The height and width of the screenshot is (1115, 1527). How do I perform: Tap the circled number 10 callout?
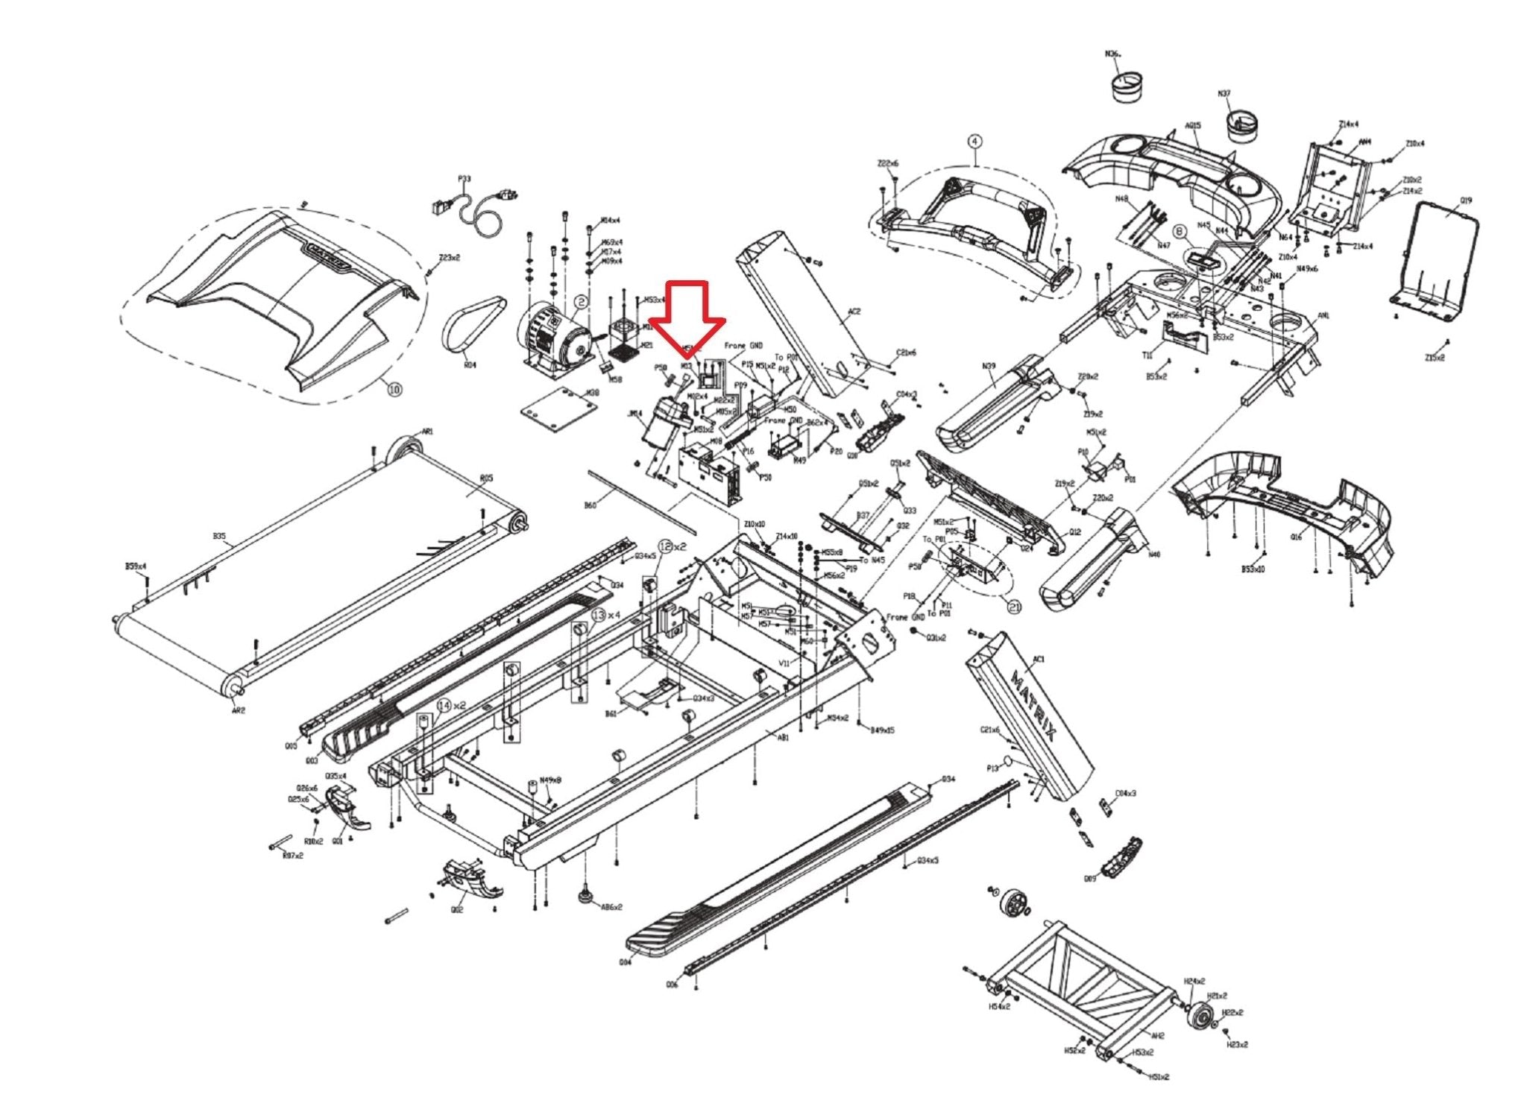pyautogui.click(x=394, y=388)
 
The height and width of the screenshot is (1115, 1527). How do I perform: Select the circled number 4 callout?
pyautogui.click(x=975, y=141)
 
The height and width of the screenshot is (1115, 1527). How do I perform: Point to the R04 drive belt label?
pyautogui.click(x=470, y=365)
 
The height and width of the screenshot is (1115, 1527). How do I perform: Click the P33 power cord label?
pyautogui.click(x=464, y=179)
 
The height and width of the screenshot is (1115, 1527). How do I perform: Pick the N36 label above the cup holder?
pyautogui.click(x=1112, y=54)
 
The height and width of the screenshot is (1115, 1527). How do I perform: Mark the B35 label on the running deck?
pyautogui.click(x=218, y=537)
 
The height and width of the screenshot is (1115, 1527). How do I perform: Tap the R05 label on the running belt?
pyautogui.click(x=486, y=478)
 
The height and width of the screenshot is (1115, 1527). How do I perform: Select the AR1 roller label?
pyautogui.click(x=427, y=432)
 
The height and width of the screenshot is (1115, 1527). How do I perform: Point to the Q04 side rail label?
pyautogui.click(x=625, y=961)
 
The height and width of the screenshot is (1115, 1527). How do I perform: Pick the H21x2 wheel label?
pyautogui.click(x=1217, y=996)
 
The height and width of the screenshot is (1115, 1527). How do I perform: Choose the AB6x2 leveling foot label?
pyautogui.click(x=611, y=907)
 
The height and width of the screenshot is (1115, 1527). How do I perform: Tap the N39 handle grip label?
pyautogui.click(x=989, y=366)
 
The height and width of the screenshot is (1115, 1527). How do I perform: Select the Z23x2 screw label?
pyautogui.click(x=449, y=258)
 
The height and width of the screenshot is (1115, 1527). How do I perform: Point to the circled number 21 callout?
pyautogui.click(x=1014, y=607)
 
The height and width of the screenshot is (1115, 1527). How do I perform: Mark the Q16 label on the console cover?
pyautogui.click(x=1296, y=537)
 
